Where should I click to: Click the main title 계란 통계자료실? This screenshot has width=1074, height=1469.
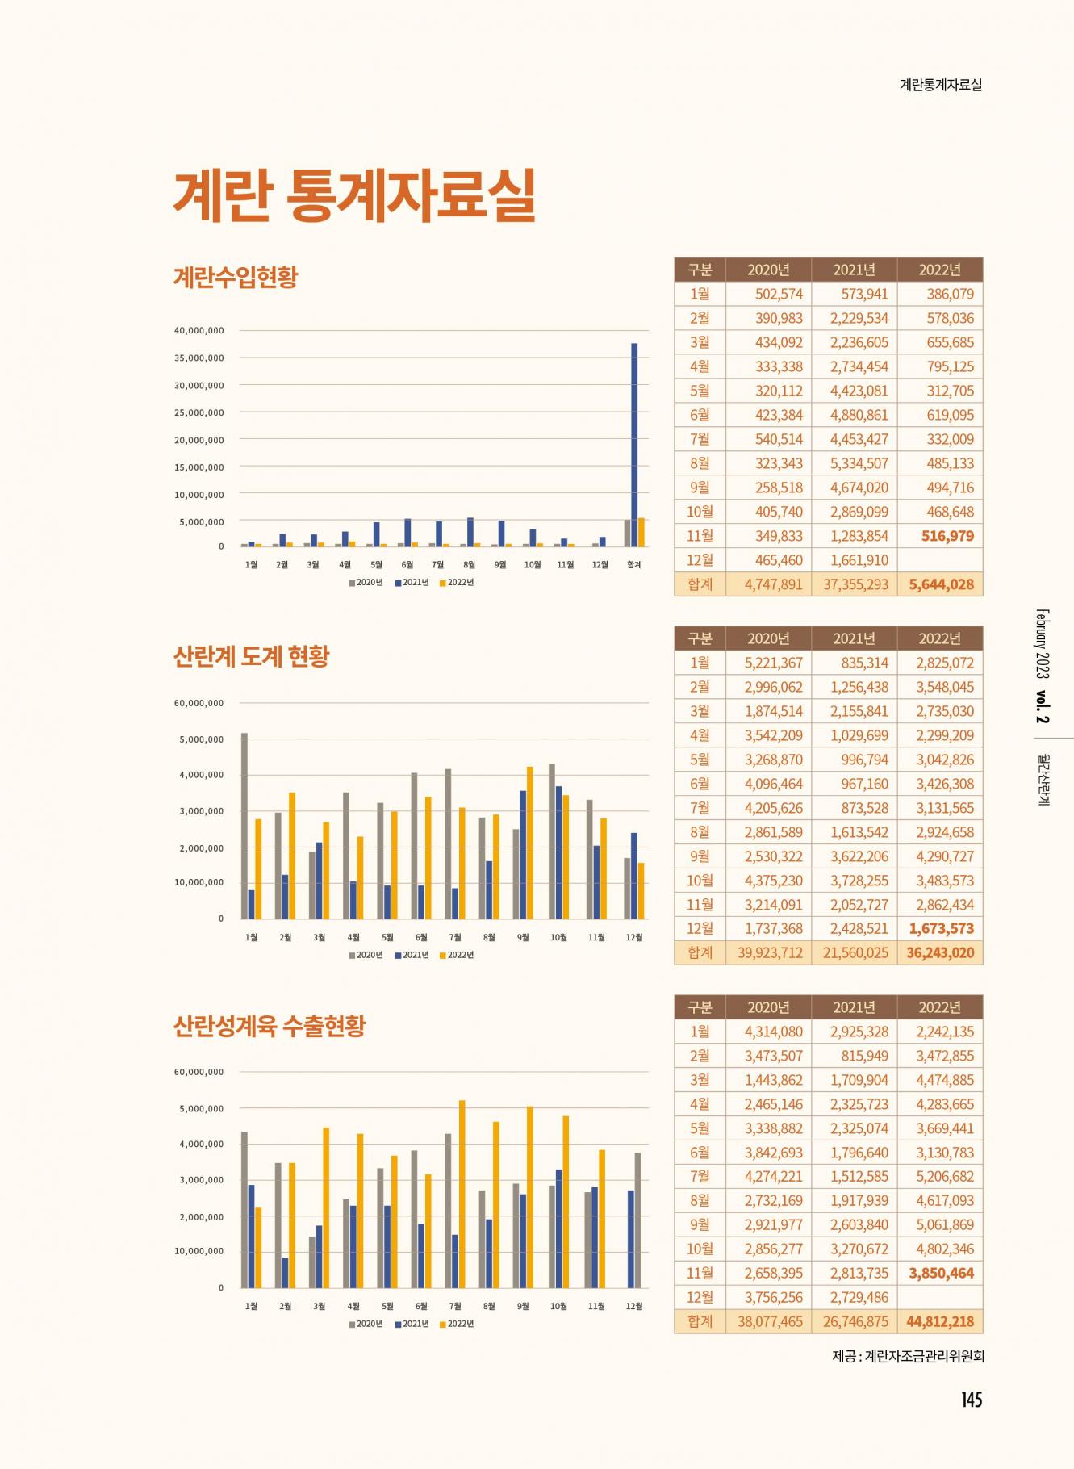[x=354, y=195]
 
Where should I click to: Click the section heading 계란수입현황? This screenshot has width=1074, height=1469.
[x=236, y=277]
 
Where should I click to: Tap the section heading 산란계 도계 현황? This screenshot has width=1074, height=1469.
[x=251, y=656]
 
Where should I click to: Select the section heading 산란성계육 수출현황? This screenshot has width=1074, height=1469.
[x=270, y=1026]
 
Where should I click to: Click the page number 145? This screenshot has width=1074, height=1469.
[x=971, y=1400]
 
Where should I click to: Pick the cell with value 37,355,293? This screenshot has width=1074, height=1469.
[x=855, y=584]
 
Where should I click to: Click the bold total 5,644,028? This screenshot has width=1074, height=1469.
[x=941, y=584]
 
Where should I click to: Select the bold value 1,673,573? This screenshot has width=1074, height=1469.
[x=941, y=928]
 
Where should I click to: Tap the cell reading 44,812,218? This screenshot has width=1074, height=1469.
[x=940, y=1321]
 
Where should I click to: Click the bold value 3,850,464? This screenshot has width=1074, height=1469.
[x=941, y=1273]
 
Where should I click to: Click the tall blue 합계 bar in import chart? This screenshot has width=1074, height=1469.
[x=634, y=444]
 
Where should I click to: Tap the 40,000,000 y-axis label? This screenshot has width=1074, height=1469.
[x=199, y=331]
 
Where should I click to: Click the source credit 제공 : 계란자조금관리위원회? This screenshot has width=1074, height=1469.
[x=908, y=1356]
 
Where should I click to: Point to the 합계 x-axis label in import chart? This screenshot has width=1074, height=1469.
[x=634, y=565]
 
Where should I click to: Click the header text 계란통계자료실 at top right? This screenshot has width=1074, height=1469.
[x=940, y=85]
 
